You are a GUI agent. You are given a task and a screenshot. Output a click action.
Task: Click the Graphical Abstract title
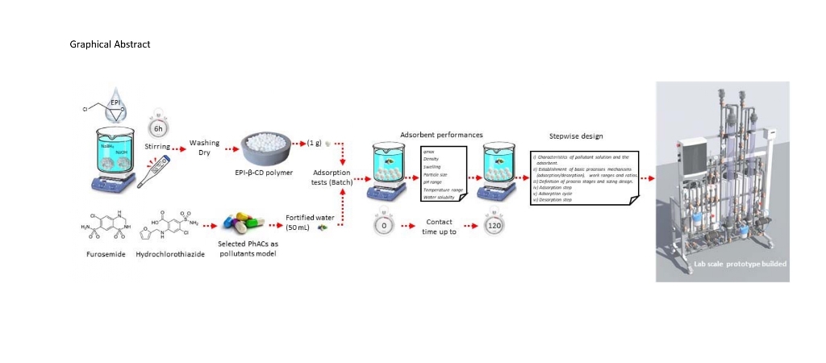click(x=111, y=44)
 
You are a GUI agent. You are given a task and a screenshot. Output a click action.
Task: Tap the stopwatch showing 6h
click(x=158, y=127)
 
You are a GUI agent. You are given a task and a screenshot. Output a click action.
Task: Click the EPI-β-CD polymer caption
click(x=269, y=173)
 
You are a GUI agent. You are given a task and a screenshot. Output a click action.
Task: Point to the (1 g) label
click(x=315, y=143)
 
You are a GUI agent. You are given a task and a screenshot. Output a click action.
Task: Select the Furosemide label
click(x=102, y=253)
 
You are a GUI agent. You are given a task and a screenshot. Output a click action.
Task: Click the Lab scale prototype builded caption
click(x=740, y=264)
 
